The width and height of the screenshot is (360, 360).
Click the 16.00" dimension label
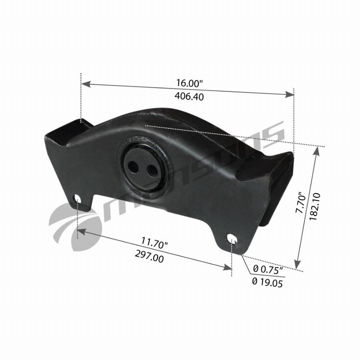[x=190, y=83]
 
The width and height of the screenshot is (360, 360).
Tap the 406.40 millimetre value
[x=189, y=96]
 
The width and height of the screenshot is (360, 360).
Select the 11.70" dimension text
[x=154, y=242]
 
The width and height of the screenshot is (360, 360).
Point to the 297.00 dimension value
[x=149, y=256]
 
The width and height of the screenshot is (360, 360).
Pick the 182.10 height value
[x=314, y=207]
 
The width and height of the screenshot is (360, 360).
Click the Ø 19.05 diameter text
[x=267, y=282]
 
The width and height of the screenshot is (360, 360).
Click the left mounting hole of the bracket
[x=77, y=198]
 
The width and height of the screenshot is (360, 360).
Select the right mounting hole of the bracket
[x=231, y=238]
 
